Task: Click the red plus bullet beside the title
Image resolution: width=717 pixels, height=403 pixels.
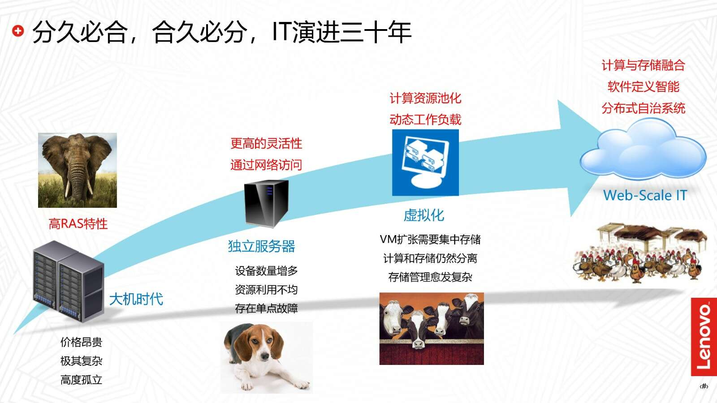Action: (18, 31)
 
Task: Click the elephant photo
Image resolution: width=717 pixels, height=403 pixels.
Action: (78, 170)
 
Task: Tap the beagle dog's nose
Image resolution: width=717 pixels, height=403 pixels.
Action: (265, 356)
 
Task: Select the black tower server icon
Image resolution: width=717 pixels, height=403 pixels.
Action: (266, 204)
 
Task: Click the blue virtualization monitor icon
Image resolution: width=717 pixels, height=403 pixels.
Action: (425, 163)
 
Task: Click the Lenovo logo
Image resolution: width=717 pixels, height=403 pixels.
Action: (704, 337)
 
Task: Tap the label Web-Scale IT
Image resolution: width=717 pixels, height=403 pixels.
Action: (645, 195)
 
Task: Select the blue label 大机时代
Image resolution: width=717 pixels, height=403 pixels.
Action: (136, 300)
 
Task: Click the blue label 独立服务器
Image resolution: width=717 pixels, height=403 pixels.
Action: (262, 246)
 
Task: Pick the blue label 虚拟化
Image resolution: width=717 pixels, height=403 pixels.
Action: (424, 215)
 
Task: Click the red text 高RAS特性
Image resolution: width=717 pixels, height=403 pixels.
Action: (78, 223)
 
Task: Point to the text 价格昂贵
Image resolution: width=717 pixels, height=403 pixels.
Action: (81, 342)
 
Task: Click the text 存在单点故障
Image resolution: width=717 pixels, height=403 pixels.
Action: (266, 309)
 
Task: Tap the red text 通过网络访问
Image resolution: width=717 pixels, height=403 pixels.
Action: (266, 165)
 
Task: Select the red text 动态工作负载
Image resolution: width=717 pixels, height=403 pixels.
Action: (425, 119)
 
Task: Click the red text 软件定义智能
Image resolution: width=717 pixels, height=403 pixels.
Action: (644, 87)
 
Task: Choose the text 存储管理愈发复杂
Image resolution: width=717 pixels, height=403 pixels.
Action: (430, 277)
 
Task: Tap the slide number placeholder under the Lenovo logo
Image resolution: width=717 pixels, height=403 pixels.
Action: (704, 386)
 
